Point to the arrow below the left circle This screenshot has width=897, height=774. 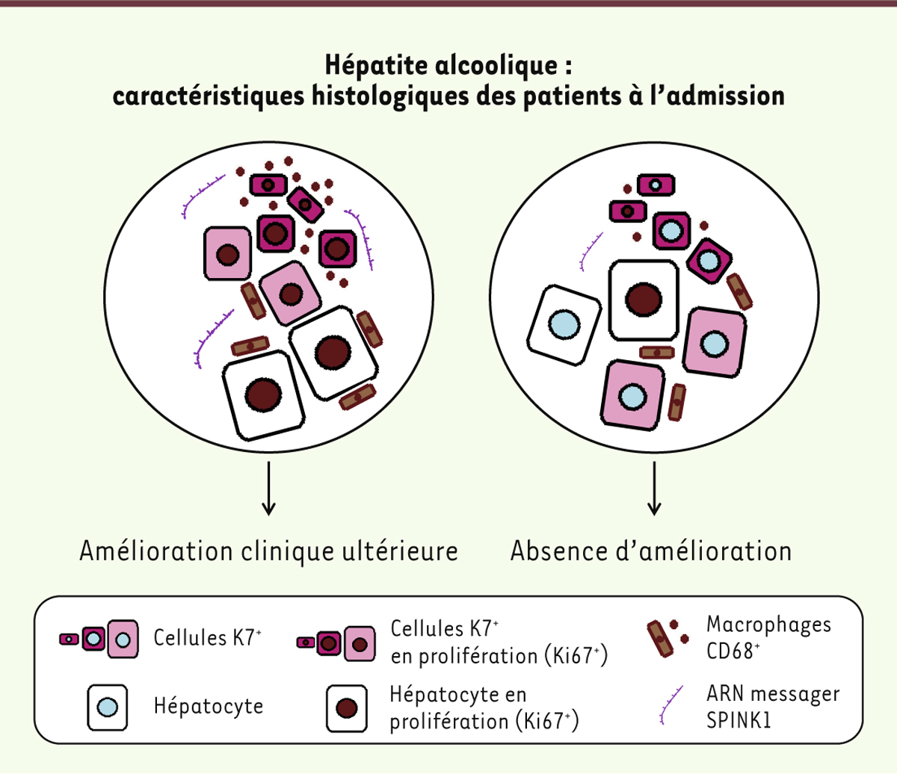[x=269, y=489]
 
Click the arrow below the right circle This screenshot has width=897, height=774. [x=654, y=489]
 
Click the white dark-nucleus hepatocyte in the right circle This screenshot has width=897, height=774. [x=644, y=300]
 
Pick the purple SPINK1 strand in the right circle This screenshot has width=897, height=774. [x=591, y=251]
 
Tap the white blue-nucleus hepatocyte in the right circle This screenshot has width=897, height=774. [x=564, y=326]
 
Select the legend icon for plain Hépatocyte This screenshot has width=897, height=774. [x=108, y=707]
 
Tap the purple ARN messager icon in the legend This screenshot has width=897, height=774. [x=671, y=706]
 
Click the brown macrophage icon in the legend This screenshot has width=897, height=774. [x=660, y=640]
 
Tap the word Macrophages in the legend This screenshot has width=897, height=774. [x=768, y=625]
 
